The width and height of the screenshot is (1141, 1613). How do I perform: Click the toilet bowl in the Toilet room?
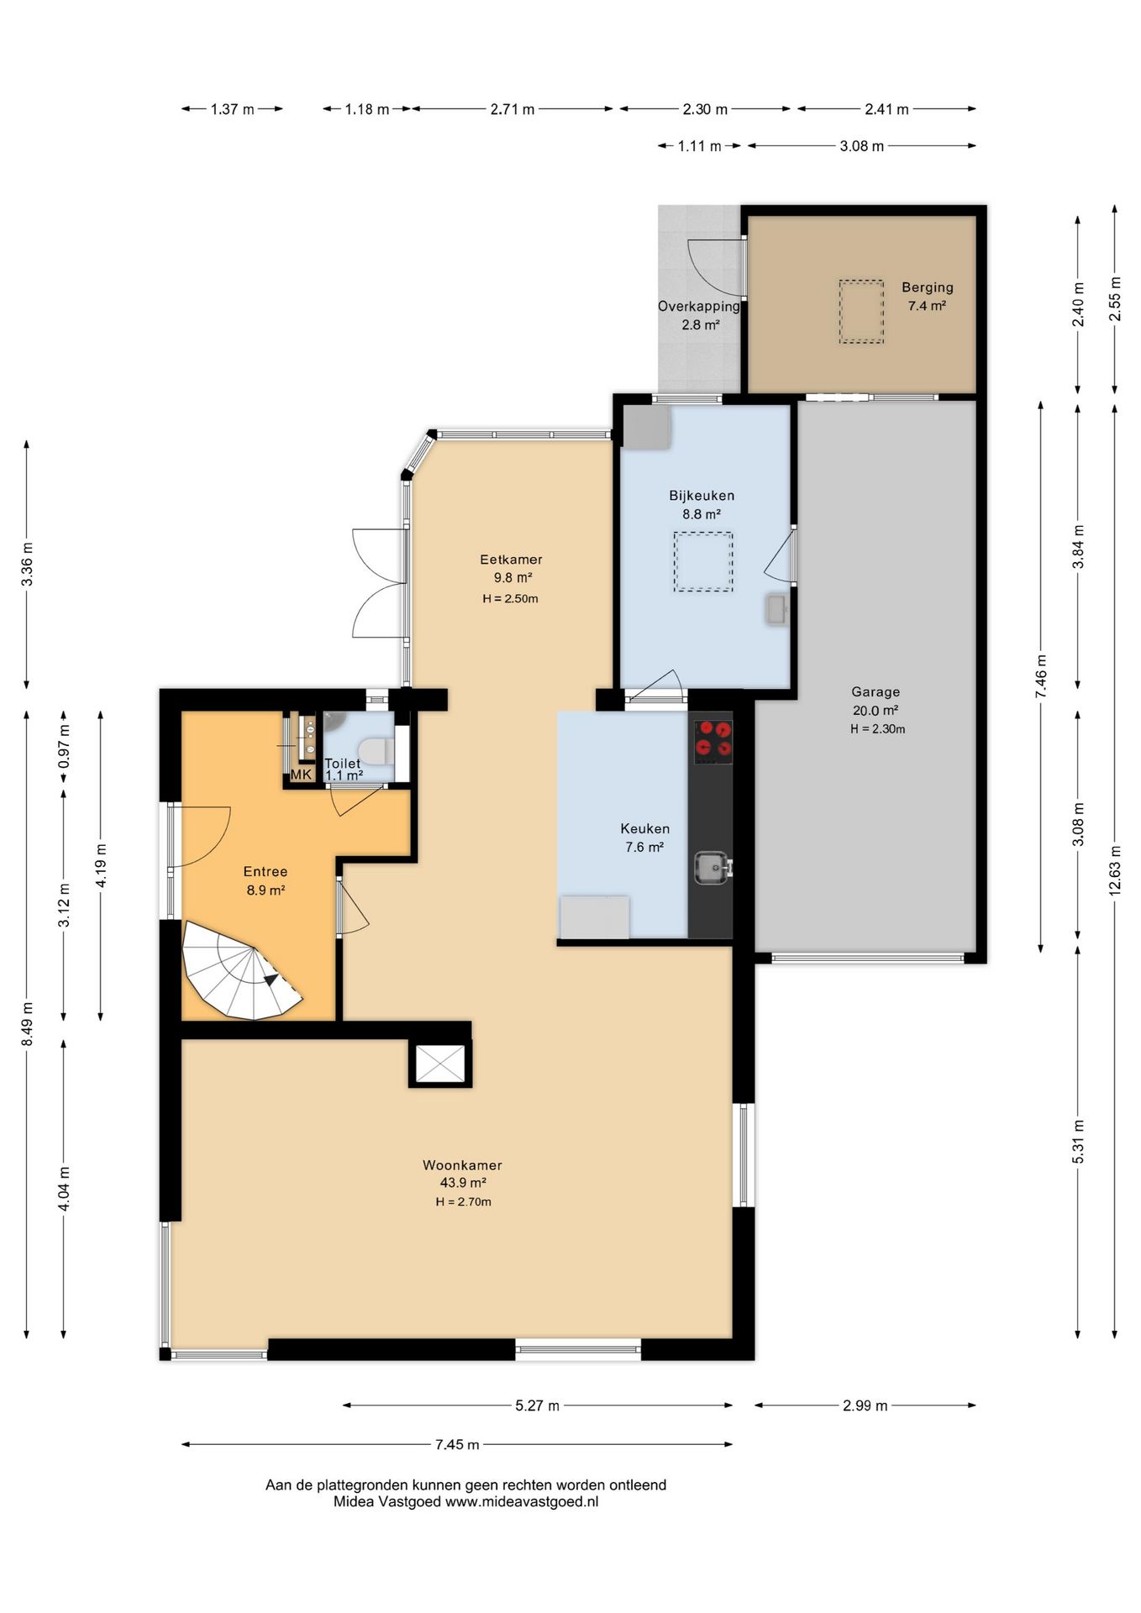click(375, 750)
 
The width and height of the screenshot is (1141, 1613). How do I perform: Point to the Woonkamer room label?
click(462, 1165)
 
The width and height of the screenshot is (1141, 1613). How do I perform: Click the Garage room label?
click(875, 692)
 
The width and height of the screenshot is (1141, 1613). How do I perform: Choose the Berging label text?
click(928, 287)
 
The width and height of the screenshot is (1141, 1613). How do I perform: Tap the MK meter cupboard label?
click(301, 775)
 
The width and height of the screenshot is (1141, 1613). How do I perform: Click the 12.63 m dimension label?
click(1115, 871)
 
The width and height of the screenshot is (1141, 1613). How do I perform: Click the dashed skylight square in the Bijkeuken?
click(702, 562)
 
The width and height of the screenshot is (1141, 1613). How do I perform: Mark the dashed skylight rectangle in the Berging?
click(861, 312)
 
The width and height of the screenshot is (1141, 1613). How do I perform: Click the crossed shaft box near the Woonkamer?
click(440, 1064)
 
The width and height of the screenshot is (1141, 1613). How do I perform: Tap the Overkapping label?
click(699, 307)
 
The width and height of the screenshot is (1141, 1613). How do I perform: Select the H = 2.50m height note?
click(510, 599)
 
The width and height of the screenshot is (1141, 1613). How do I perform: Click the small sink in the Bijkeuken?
click(777, 610)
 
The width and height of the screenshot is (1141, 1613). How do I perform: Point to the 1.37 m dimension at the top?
click(233, 109)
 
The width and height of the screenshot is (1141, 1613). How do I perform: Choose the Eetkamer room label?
click(511, 560)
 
